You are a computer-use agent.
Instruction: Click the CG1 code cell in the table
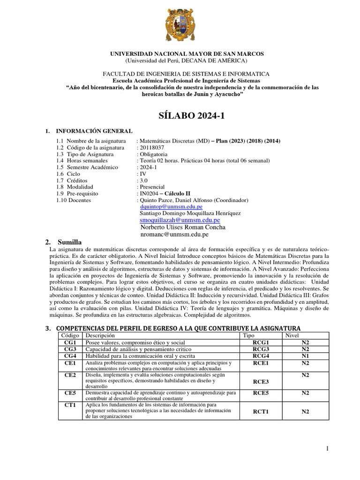[70, 343]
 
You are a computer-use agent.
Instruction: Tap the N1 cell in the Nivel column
[305, 356]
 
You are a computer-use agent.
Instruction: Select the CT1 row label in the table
[70, 405]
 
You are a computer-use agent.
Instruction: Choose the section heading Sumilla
[69, 242]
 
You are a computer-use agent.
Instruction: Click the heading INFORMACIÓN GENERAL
[94, 131]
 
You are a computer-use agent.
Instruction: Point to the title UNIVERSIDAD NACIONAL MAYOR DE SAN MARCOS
[187, 54]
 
